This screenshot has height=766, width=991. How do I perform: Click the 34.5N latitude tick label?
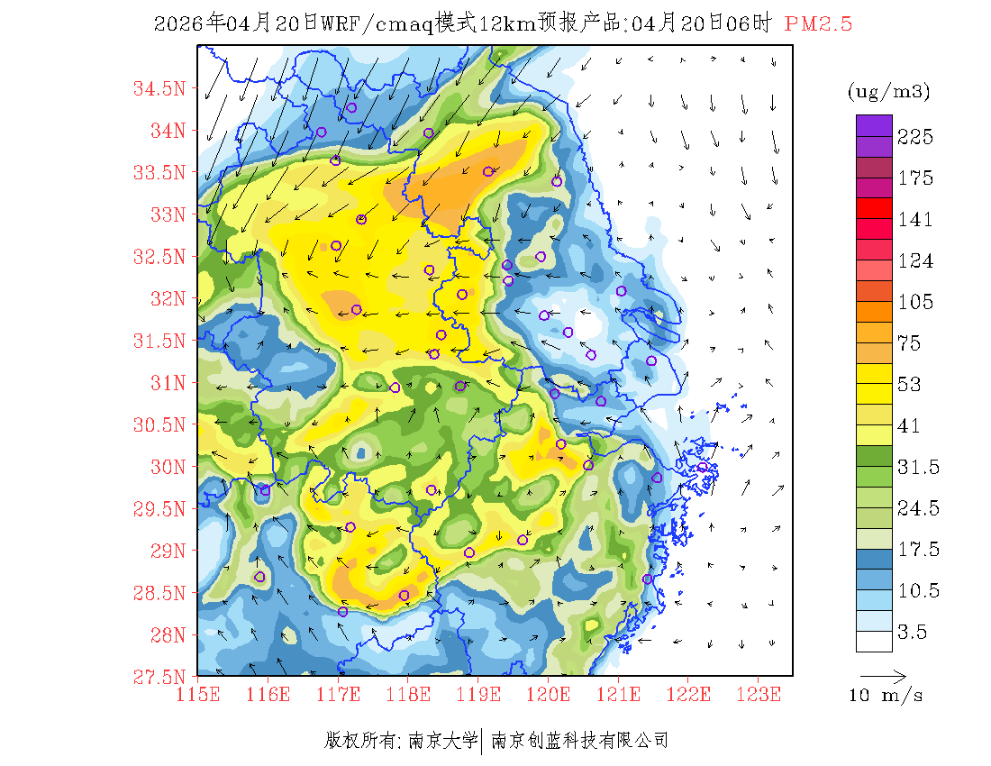point(159,88)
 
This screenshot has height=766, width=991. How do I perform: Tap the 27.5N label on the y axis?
point(159,676)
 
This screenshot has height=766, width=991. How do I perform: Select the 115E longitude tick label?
point(198,694)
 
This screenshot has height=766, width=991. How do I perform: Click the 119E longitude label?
point(478,694)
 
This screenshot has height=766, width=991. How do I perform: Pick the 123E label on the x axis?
point(759,694)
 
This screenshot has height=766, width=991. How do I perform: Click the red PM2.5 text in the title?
point(818,24)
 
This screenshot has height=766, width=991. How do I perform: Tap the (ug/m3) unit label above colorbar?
point(889,92)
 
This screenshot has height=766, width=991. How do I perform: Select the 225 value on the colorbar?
point(915,137)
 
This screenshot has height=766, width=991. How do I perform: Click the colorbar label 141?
point(915,220)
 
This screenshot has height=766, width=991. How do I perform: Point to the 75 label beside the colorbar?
point(910,343)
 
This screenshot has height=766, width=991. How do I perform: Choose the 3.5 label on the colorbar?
point(910,633)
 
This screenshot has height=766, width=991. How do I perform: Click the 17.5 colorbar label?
point(915,550)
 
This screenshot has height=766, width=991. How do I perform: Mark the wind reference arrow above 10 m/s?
point(883,674)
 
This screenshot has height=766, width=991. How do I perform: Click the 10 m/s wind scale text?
point(886,696)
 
